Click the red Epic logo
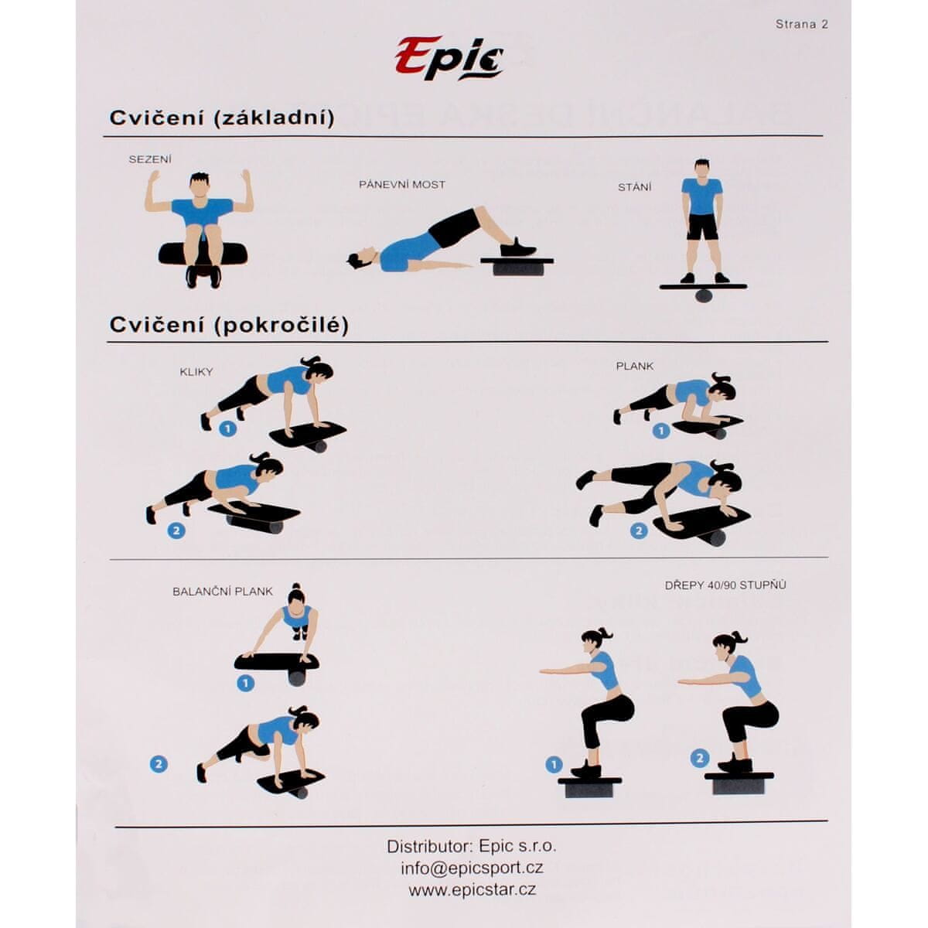(449, 58)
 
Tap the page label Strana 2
(801, 25)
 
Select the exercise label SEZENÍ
(150, 159)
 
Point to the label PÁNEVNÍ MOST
(402, 185)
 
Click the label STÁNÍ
(635, 187)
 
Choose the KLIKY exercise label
(196, 372)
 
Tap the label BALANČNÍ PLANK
(223, 592)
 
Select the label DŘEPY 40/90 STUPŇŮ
(725, 585)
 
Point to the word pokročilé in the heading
(280, 326)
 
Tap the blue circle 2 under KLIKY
(176, 531)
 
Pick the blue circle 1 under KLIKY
(228, 428)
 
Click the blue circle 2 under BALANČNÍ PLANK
(159, 764)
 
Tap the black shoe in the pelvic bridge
(517, 248)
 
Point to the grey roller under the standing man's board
(704, 295)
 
